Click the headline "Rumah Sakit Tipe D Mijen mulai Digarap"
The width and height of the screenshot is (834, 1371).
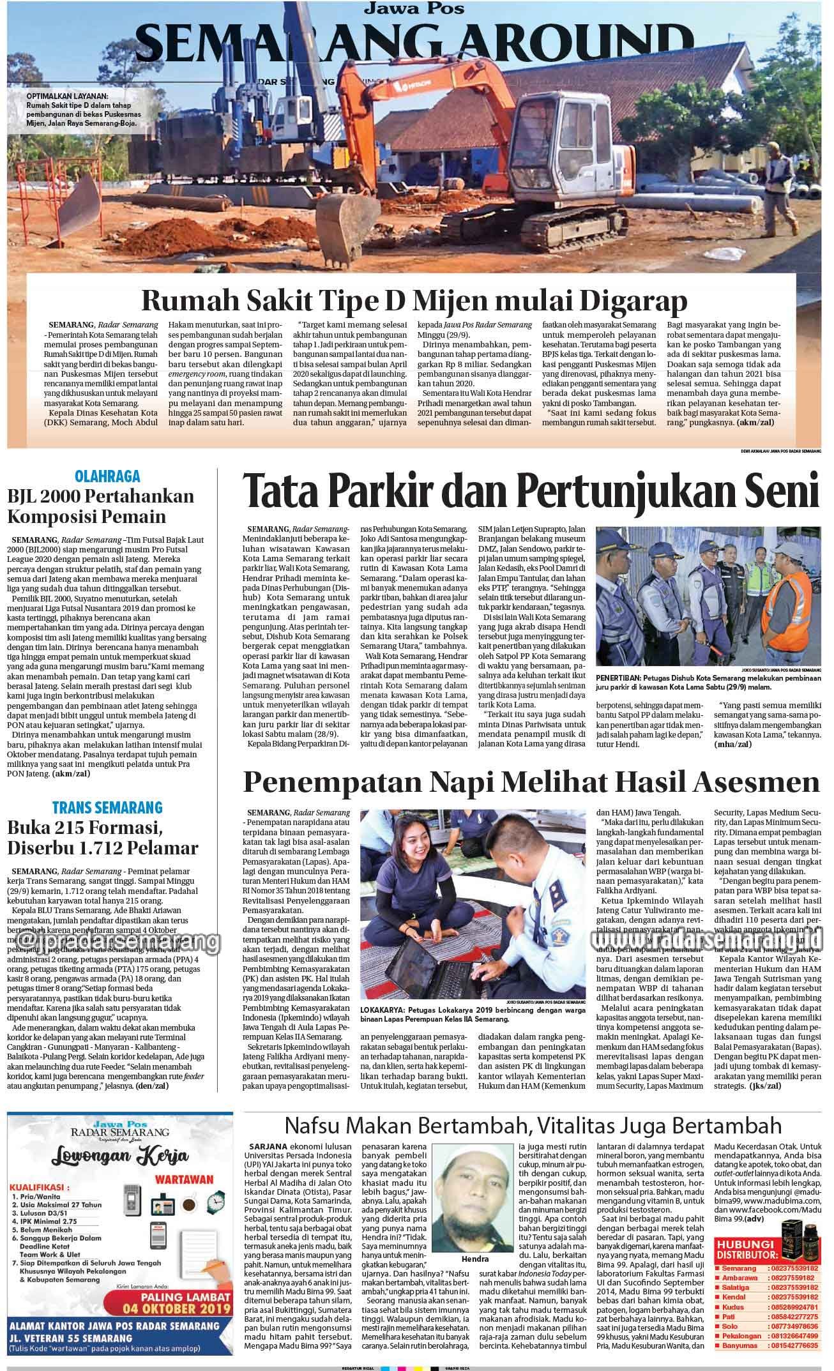414,299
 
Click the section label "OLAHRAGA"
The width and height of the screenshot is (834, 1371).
107,476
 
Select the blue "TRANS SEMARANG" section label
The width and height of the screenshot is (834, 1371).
107,807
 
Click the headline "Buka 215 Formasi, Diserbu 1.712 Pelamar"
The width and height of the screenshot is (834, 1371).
103,838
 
